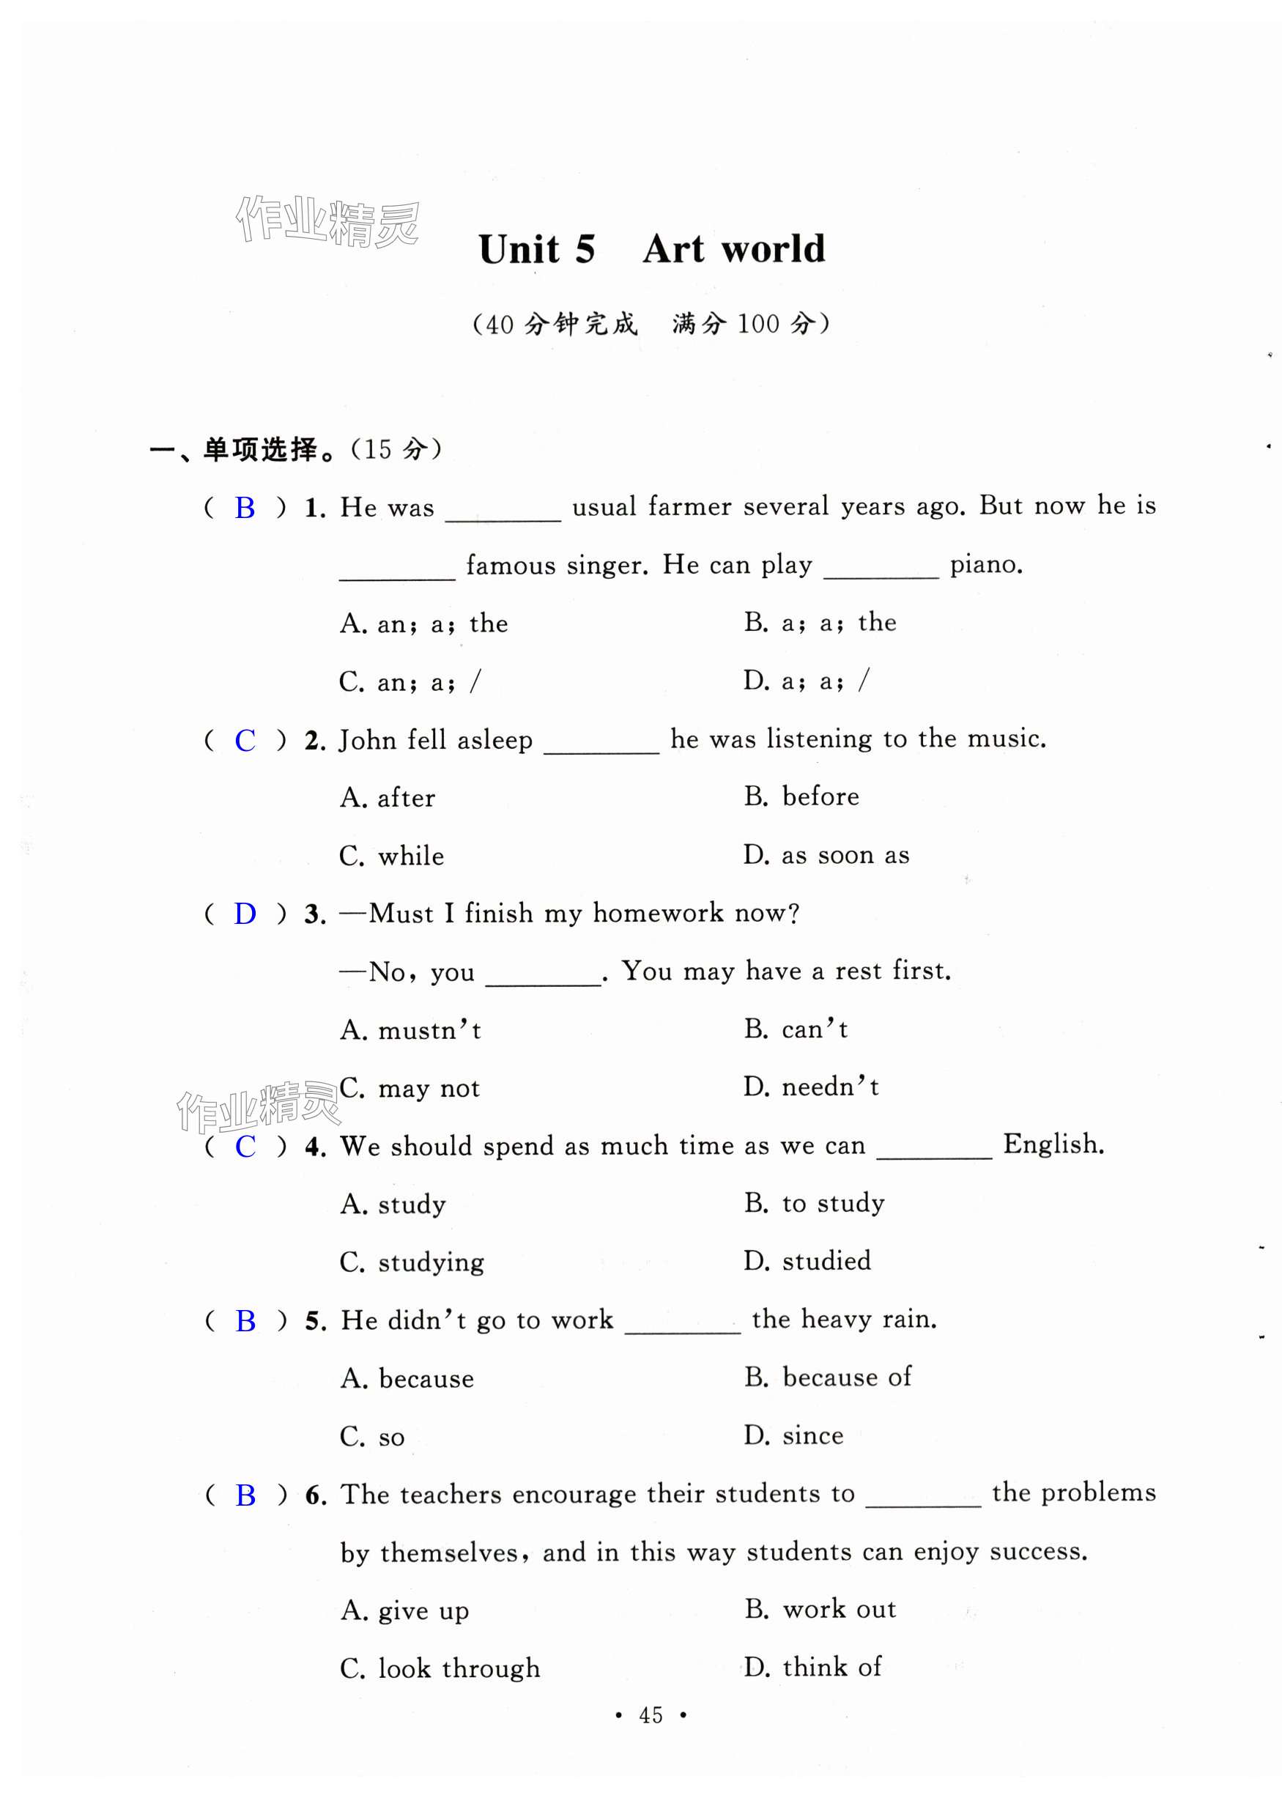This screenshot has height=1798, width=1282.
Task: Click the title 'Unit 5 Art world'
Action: coord(651,249)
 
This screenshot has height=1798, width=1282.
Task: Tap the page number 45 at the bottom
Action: coord(651,1714)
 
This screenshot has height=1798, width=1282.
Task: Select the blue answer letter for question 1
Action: coord(245,508)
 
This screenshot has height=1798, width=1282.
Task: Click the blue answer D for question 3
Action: coord(245,914)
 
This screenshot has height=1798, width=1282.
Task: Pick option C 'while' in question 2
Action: coord(391,856)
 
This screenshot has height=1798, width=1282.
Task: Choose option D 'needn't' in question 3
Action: coord(811,1087)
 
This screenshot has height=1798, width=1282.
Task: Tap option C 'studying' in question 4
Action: coord(411,1262)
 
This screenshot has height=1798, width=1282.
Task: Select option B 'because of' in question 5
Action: coord(827,1377)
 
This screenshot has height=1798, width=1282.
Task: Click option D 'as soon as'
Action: coord(826,855)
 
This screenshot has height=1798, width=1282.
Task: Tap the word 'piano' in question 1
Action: coord(985,564)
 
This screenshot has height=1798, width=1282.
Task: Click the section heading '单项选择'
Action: coord(261,450)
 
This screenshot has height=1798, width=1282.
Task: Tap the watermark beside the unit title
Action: coord(327,221)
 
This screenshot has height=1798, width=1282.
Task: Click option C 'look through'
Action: coord(440,1668)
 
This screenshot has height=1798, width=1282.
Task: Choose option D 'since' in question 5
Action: coord(793,1435)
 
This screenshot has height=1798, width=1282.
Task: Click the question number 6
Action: coord(316,1495)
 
